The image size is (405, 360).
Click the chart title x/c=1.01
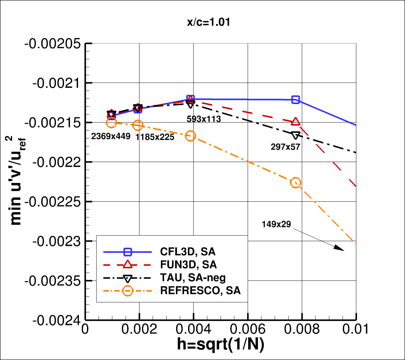pos(209,22)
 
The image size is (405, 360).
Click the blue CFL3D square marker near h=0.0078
pos(296,100)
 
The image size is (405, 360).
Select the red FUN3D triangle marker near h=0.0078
pos(296,122)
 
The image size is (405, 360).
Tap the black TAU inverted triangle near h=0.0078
pos(296,135)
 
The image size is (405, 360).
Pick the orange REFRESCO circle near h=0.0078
pos(296,183)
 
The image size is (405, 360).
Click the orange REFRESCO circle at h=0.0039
pos(190,136)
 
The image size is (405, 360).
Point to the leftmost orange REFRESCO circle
pos(112,123)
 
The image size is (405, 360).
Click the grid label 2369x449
pos(111,137)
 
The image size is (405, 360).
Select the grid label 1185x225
pos(155,137)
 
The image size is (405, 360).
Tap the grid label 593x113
pos(204,119)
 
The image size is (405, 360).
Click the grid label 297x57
pos(286,147)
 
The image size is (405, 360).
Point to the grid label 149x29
pos(276,224)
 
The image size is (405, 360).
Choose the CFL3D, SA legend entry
pos(188,252)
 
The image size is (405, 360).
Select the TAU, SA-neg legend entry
pos(193,278)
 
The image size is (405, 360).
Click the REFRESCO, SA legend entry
pos(200,290)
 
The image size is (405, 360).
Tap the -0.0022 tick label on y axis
pos(57,162)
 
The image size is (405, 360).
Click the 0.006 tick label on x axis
pos(248,329)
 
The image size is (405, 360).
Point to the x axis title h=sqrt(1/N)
pos(220,344)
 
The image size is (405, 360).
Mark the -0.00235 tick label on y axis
pos(53,281)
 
